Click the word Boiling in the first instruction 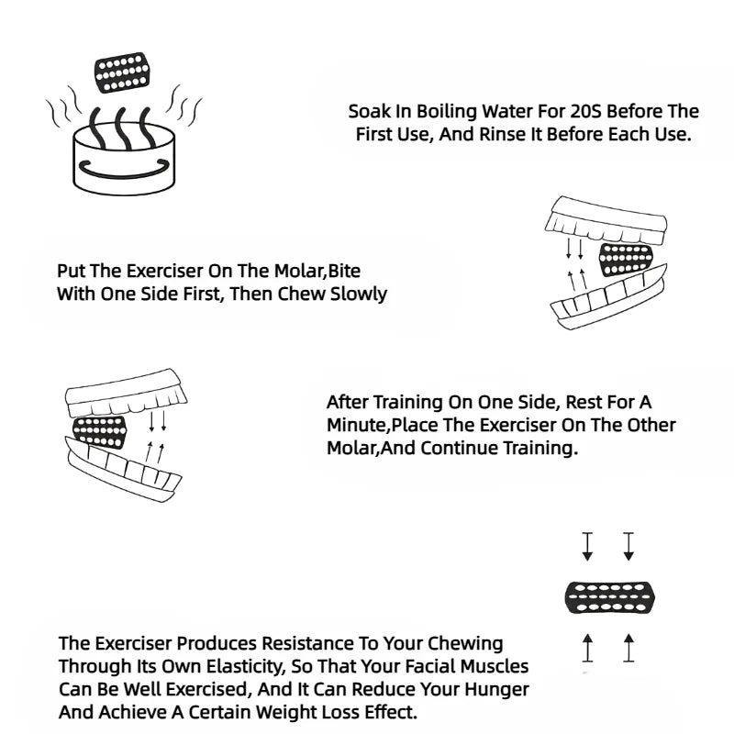447,112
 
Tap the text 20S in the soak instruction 586,111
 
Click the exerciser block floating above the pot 122,72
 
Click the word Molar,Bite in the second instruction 317,272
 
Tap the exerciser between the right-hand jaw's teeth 626,259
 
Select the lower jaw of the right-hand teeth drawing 608,300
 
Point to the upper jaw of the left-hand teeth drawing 126,394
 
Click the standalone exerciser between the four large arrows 610,597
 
